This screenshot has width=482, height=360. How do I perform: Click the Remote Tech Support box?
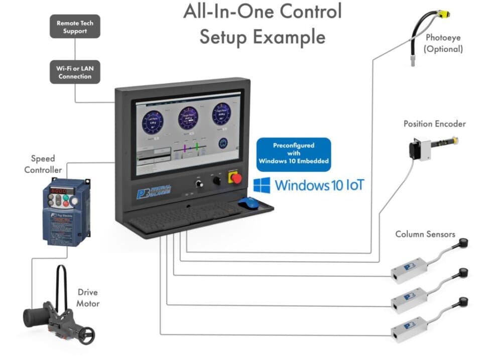coord(75,27)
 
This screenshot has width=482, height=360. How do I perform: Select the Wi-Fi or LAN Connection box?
coord(75,72)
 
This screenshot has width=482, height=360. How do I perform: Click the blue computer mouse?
coord(248,202)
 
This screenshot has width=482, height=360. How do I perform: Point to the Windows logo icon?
coord(262,185)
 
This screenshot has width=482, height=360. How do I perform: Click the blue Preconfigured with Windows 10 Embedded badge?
coord(294,153)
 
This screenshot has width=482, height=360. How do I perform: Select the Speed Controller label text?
coord(43,164)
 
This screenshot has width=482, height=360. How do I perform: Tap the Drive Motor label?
coord(88,298)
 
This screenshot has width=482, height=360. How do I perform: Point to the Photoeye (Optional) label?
coord(443,43)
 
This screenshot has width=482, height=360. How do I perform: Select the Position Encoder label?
coord(434,124)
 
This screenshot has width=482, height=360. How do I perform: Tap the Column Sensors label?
coord(425,234)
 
